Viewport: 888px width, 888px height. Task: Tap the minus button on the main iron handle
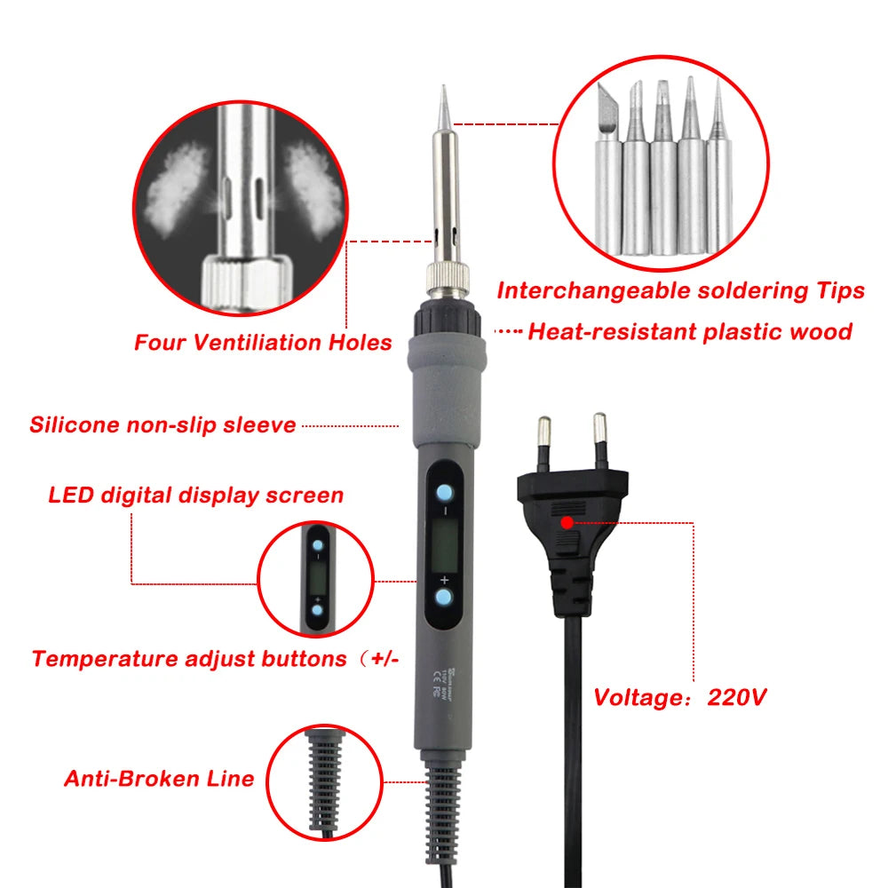pos(445,494)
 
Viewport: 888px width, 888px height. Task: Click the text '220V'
pos(736,697)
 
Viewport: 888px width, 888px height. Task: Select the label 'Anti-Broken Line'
pos(159,779)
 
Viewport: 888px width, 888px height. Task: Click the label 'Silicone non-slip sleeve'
pos(163,424)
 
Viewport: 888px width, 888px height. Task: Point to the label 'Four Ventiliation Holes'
pos(263,342)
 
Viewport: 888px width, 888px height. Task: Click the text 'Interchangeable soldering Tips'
pos(680,290)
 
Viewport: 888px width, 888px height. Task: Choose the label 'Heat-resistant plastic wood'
pos(689,332)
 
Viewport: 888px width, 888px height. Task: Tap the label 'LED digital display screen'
pos(195,495)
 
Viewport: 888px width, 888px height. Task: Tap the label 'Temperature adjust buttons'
pos(188,659)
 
